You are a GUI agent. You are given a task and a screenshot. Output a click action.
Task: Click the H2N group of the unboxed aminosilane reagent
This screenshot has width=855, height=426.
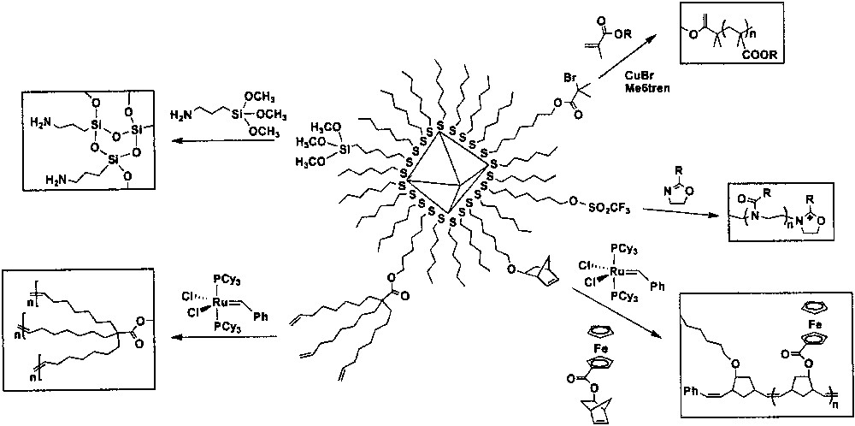point(182,115)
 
